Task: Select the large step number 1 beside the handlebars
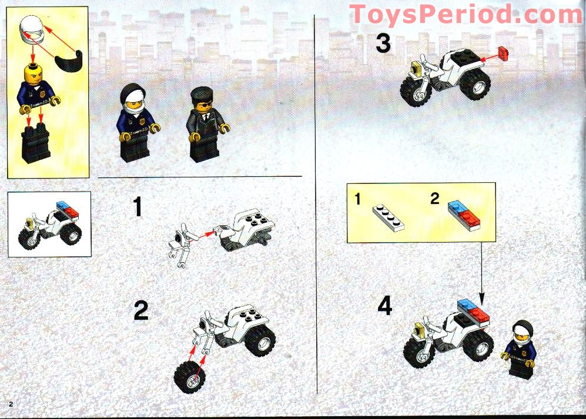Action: point(138,207)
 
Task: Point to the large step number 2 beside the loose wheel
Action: point(141,311)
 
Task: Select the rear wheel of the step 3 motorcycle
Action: point(474,85)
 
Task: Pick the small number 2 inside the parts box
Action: point(434,199)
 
